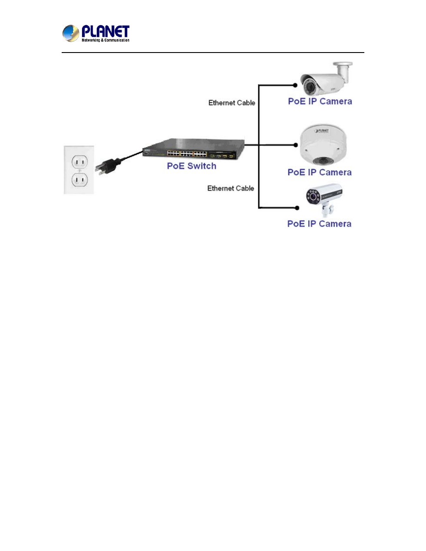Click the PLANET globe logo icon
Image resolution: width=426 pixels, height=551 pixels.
70,33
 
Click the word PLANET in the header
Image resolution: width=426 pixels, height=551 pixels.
105,31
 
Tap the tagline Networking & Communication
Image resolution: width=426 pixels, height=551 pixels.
106,40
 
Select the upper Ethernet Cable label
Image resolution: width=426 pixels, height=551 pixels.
231,103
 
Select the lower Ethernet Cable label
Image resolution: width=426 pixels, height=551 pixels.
231,188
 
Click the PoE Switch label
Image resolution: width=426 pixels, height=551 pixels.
192,166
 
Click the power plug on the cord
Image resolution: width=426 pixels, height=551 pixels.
106,165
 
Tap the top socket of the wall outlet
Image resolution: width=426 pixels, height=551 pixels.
79,162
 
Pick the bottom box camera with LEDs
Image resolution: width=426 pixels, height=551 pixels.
324,198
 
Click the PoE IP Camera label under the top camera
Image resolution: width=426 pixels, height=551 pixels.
320,102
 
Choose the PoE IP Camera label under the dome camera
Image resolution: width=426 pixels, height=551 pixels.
320,172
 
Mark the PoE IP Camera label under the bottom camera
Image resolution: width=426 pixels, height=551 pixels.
319,224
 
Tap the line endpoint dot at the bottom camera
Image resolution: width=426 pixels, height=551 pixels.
296,208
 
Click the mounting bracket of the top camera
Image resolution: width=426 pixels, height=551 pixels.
343,71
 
